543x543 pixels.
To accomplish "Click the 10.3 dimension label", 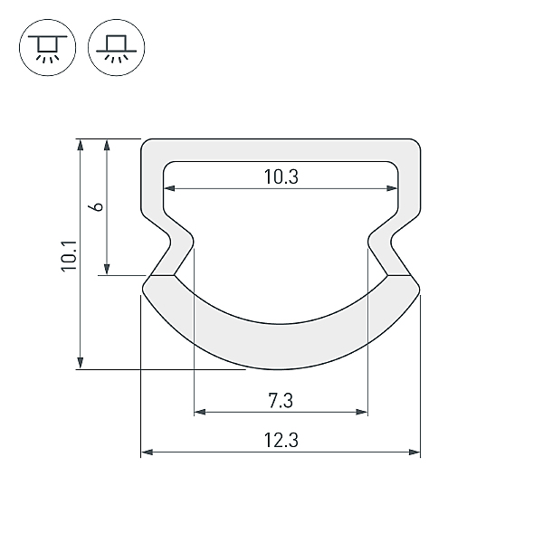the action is click(x=281, y=176).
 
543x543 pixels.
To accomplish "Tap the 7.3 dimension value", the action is click(x=281, y=401).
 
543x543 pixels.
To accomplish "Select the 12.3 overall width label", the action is click(x=281, y=441).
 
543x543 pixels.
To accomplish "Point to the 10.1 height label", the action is click(x=69, y=255).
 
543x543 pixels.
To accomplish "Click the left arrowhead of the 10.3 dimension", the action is click(x=169, y=188).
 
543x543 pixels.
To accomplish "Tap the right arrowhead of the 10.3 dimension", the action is click(x=392, y=188).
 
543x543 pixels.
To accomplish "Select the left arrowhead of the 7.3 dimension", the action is click(x=200, y=412).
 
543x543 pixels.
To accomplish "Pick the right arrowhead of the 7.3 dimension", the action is click(x=361, y=412).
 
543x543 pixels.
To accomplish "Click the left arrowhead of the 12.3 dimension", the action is click(x=147, y=452).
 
